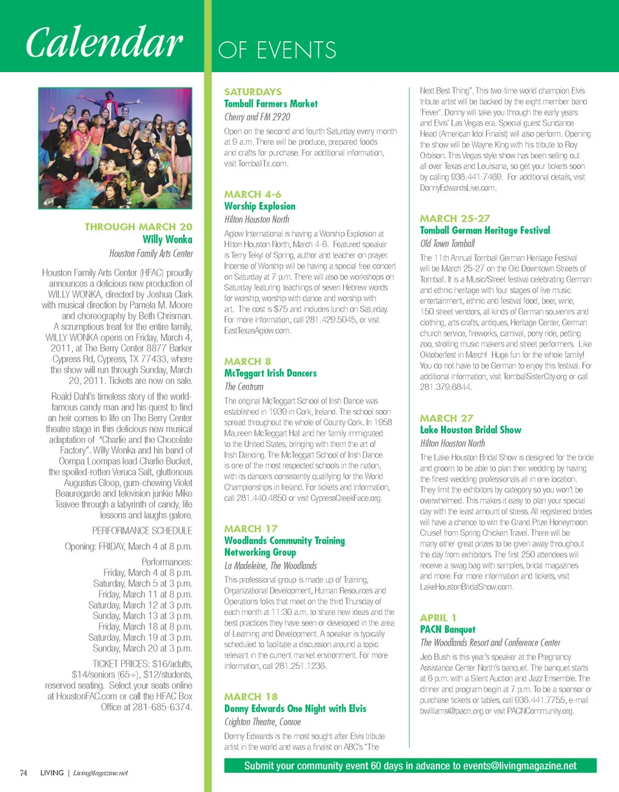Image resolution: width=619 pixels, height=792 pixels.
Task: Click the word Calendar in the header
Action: coord(103,44)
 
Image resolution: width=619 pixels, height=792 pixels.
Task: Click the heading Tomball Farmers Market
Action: coord(271,104)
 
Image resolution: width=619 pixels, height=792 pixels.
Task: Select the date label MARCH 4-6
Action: coord(252,194)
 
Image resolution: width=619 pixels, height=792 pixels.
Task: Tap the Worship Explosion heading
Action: coord(259,206)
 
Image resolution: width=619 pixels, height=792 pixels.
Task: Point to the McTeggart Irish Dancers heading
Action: coord(270,373)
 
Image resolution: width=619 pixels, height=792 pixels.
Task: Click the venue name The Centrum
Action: coord(244,386)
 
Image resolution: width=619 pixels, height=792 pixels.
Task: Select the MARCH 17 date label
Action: coord(251,529)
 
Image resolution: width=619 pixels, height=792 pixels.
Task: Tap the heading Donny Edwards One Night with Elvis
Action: coord(295,708)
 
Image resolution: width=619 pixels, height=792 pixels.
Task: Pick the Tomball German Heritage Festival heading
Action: coord(485,231)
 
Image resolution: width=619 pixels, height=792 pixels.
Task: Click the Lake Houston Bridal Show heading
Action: coord(471,430)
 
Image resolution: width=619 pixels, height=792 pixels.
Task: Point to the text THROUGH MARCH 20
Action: coord(139,227)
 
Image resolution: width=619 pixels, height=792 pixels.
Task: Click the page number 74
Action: coord(23,773)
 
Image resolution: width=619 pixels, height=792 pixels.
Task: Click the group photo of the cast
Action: coord(115,148)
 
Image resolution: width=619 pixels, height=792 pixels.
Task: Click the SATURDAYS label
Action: coord(252,91)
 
